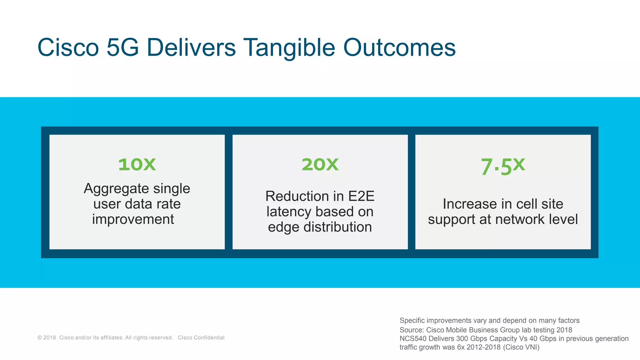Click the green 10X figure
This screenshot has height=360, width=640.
point(137,164)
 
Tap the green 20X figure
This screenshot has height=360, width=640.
point(320,164)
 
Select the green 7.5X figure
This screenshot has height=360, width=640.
point(503,166)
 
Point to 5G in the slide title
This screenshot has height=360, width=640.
point(122,48)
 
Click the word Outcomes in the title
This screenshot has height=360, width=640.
point(399,48)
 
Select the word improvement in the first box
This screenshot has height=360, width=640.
point(133,219)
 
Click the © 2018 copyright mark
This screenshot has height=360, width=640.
point(47,337)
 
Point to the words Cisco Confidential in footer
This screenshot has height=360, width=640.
point(201,337)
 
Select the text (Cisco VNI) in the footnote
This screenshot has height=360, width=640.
point(521,347)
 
